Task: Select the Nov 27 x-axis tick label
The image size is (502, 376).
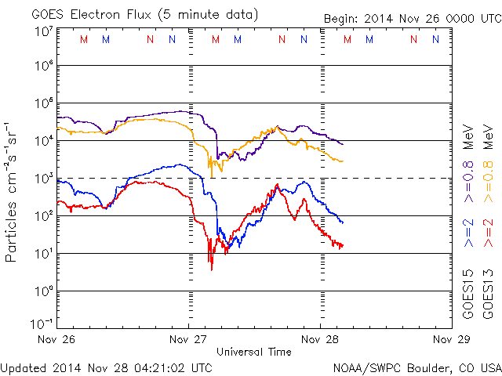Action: [x=189, y=340]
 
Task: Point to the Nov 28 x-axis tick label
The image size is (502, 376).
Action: [x=319, y=340]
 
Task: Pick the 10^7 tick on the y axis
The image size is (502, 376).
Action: [x=44, y=31]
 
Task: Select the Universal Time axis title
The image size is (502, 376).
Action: [x=253, y=352]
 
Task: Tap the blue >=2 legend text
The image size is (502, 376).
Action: [x=468, y=233]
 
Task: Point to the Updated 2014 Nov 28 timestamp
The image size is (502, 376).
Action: [x=106, y=367]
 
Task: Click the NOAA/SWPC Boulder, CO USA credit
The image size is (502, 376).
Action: [x=417, y=367]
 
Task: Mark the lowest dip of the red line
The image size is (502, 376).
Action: [x=211, y=270]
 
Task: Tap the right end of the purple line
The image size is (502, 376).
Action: [x=342, y=144]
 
